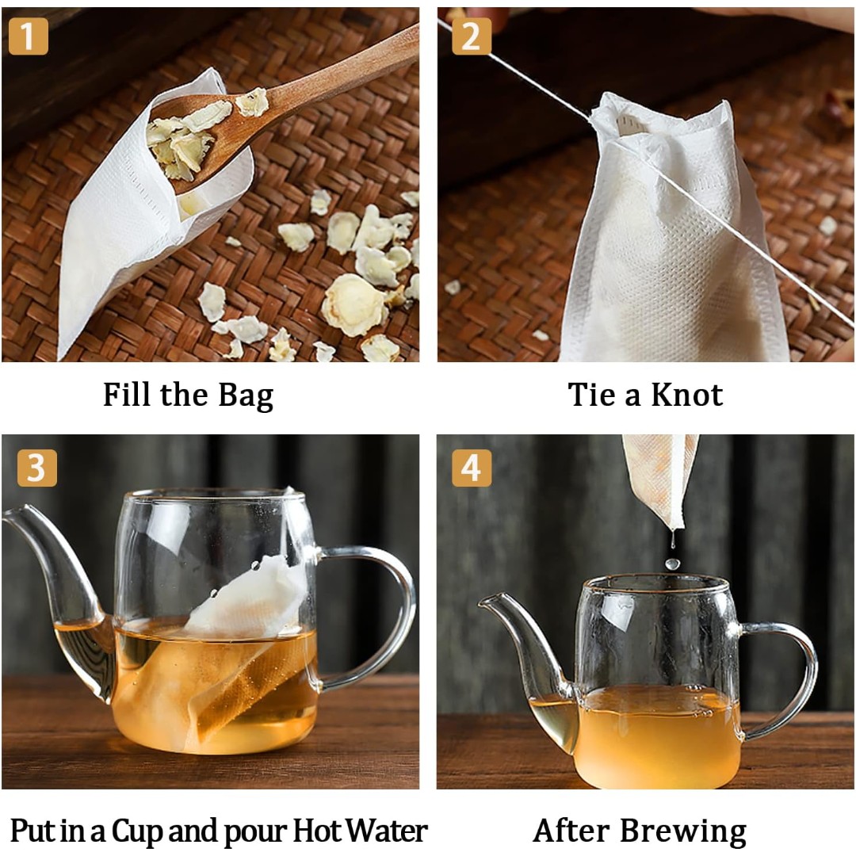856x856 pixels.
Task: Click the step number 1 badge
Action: click(x=29, y=36)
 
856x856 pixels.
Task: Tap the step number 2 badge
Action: click(x=472, y=36)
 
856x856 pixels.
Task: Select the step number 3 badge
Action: click(x=36, y=468)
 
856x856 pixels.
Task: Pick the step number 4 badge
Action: click(x=472, y=468)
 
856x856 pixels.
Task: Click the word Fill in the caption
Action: click(x=128, y=394)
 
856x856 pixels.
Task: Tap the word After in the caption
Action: click(x=573, y=831)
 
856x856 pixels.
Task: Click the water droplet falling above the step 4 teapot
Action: click(x=672, y=564)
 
